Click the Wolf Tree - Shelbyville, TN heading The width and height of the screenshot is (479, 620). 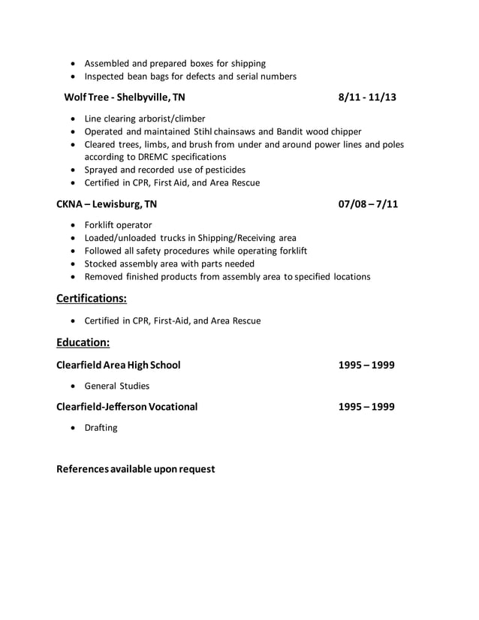[x=125, y=98]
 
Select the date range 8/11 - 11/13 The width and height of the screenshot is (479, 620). [x=367, y=98]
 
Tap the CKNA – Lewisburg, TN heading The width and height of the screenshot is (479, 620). [x=107, y=204]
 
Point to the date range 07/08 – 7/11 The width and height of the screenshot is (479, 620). [x=368, y=204]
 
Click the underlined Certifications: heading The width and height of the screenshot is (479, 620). [x=92, y=299]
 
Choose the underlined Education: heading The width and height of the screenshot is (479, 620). [x=83, y=343]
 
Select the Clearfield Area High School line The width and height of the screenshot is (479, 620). [x=119, y=366]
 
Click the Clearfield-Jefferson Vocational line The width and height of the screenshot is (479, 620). [x=127, y=407]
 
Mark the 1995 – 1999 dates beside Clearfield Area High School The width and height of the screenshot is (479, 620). [x=366, y=366]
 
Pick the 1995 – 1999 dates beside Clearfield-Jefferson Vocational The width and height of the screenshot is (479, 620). [x=366, y=407]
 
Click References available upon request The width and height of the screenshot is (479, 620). [x=136, y=469]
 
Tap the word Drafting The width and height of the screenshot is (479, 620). [x=101, y=428]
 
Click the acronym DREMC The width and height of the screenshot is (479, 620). [x=158, y=157]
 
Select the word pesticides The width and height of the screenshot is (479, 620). [x=223, y=170]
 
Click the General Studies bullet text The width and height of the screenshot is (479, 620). [x=116, y=386]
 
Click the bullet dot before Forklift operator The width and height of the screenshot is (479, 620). [x=72, y=225]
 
